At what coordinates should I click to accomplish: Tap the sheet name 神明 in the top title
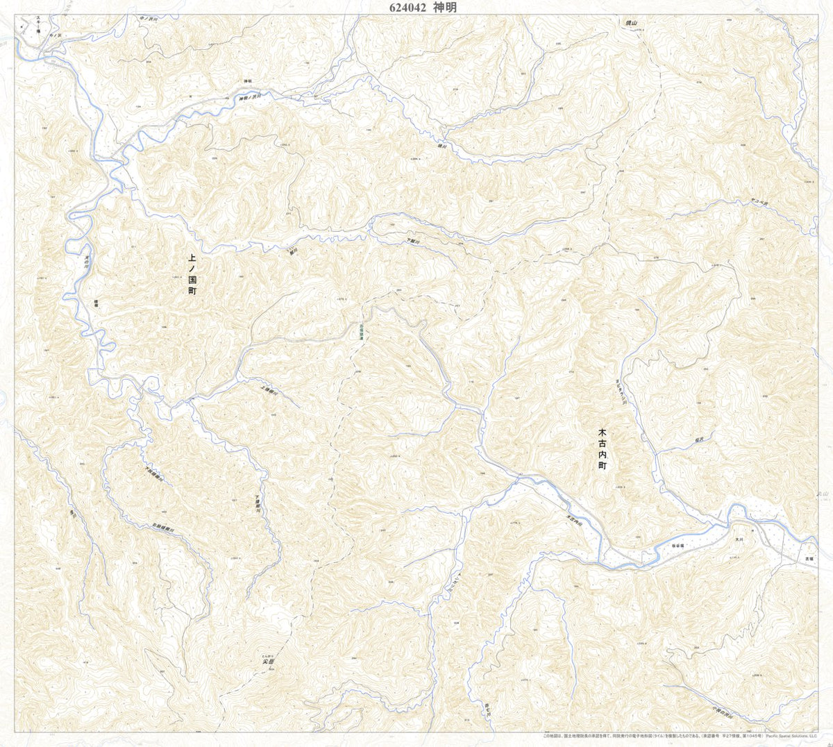446,8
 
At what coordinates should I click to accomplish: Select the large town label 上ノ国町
192,275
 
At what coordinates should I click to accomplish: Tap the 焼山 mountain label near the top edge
630,23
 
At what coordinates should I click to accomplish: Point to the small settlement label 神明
246,82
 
